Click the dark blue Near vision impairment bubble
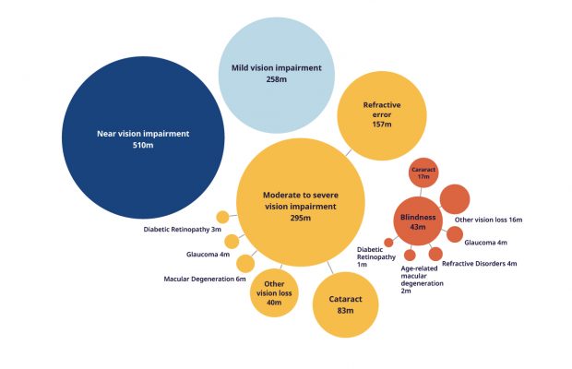(143, 137)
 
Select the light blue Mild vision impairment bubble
(277, 75)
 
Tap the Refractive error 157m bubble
(382, 115)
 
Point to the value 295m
(301, 218)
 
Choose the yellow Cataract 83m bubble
(345, 304)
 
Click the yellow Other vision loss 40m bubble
(274, 292)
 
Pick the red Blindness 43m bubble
(418, 221)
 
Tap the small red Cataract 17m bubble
(423, 173)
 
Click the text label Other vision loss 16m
(488, 220)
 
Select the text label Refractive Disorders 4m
(480, 264)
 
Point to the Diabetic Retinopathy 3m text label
(183, 230)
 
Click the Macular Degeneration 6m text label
(205, 279)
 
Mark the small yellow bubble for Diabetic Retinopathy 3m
(222, 217)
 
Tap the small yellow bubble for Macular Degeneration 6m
(245, 264)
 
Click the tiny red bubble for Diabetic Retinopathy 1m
(389, 243)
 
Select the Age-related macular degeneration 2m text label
(422, 280)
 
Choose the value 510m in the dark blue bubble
(143, 145)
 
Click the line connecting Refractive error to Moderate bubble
(349, 152)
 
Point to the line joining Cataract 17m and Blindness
(421, 192)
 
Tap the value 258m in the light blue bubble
(277, 79)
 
